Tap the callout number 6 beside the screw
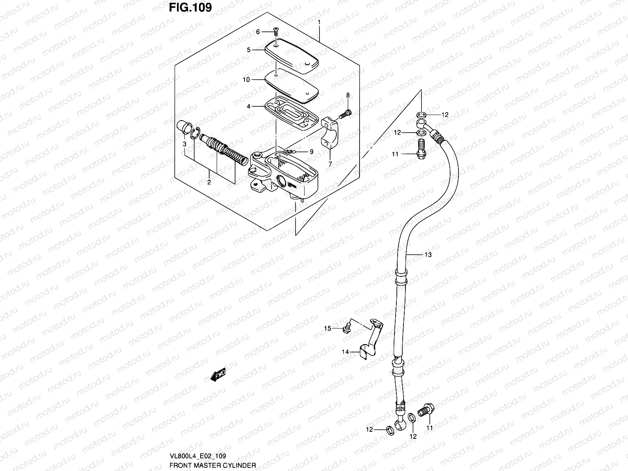[x=258, y=32]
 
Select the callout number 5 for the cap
[x=248, y=50]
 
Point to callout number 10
[x=246, y=80]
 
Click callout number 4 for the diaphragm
[x=248, y=106]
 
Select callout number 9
[x=311, y=152]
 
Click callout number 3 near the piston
[x=184, y=144]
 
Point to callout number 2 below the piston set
[x=209, y=182]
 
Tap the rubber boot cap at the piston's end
[x=182, y=128]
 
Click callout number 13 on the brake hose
[x=428, y=255]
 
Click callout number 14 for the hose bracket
[x=345, y=352]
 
